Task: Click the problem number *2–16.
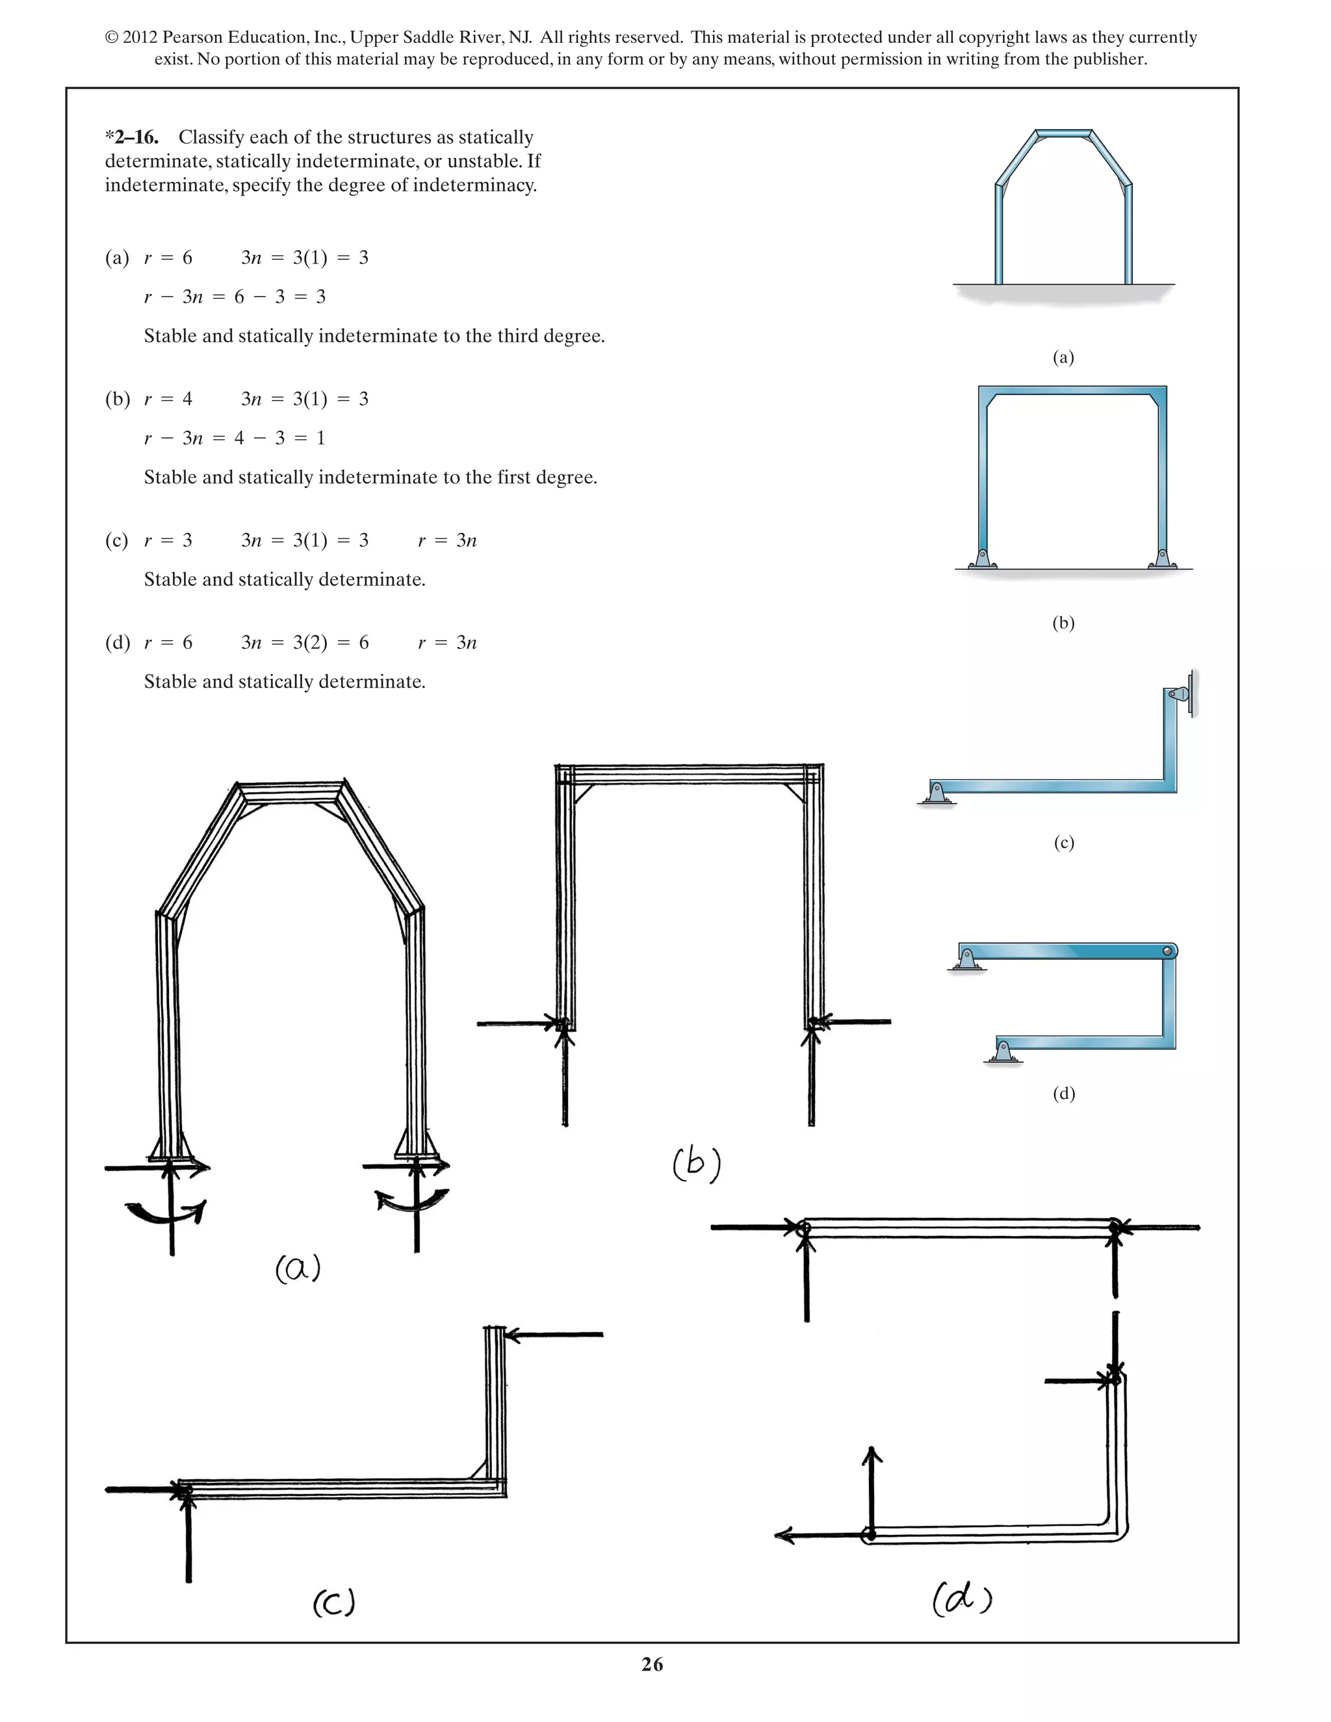pos(132,137)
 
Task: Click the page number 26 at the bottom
pos(652,1664)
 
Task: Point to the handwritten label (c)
pos(334,1603)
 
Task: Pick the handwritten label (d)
pos(962,1599)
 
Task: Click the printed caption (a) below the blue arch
pos(1063,357)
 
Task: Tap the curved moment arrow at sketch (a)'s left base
pos(167,1212)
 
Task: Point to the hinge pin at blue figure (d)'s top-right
pos(1168,951)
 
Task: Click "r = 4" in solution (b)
pos(168,399)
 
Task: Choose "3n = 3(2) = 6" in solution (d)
pos(304,643)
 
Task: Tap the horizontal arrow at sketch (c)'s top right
pos(554,1335)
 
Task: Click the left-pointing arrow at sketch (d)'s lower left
pos(820,1534)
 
